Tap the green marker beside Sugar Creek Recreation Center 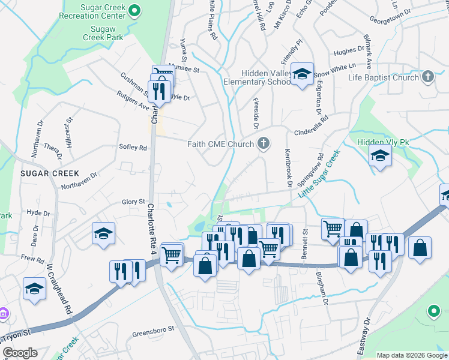(135, 10)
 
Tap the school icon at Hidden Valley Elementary (303, 74)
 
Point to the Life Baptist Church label (383, 77)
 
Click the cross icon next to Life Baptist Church (427, 77)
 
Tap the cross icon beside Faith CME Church (263, 143)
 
